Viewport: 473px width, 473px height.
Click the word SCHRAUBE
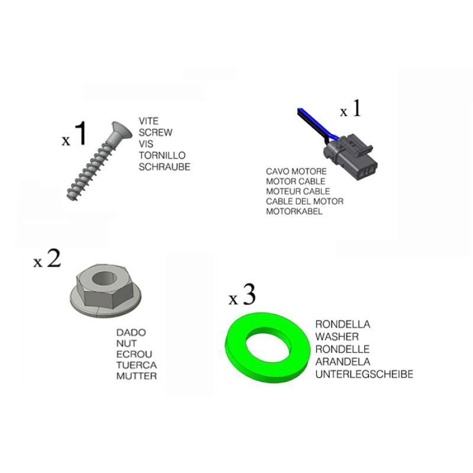pos(164,167)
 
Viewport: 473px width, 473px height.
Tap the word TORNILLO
pos(162,155)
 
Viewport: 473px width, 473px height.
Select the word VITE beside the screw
pos(148,121)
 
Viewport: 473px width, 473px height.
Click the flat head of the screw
pos(121,129)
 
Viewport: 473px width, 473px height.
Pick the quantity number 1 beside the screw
pos(80,133)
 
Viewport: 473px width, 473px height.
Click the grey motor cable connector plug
pos(351,157)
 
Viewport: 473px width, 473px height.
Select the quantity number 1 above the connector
pos(357,108)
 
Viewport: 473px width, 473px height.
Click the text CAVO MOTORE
pos(296,171)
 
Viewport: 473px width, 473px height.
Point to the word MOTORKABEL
pos(294,211)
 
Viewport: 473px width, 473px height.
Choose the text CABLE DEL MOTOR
pos(304,201)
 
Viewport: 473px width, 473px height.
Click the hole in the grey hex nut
pos(105,278)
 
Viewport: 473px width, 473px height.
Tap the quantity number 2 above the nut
pos(54,258)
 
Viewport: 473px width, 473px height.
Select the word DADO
pos(131,332)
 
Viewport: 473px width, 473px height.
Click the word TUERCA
pos(137,365)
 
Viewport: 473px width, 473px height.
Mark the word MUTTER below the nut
pos(137,376)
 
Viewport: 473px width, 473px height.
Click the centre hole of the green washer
pos(268,345)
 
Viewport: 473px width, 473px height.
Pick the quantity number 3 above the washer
pos(249,294)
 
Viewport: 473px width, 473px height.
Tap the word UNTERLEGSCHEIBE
pos(364,374)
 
